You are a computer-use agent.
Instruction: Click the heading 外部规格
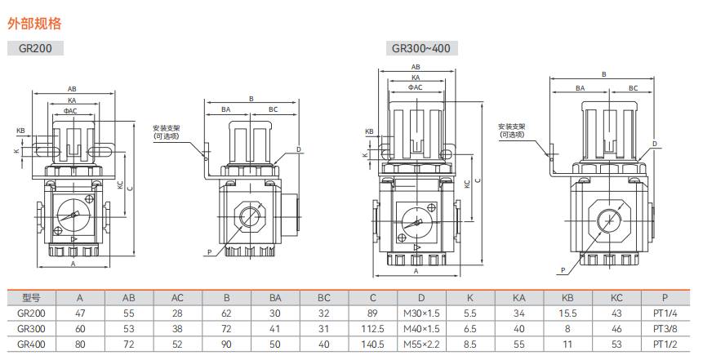point(34,24)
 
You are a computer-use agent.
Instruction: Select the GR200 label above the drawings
point(35,48)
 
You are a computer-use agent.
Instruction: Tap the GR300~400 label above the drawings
point(421,48)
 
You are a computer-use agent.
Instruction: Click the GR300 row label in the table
point(31,329)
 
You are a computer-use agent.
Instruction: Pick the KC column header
point(616,298)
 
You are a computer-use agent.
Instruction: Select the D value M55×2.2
point(421,344)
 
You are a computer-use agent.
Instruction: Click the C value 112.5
point(372,329)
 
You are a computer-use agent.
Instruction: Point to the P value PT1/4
point(665,313)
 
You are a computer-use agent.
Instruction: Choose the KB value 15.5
point(567,313)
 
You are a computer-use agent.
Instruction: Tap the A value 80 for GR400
point(80,344)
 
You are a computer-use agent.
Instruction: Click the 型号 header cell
point(31,298)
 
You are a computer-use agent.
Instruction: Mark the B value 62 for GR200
point(226,313)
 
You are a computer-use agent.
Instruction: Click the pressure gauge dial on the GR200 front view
point(70,215)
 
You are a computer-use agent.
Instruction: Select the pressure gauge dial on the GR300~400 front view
point(416,221)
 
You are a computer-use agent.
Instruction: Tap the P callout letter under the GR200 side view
point(209,253)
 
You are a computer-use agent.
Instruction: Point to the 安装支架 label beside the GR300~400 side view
point(512,127)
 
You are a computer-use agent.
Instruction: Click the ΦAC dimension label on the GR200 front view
point(70,111)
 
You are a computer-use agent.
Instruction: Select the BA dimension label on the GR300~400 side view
point(581,88)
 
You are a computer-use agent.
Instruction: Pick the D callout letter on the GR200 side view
point(299,149)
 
